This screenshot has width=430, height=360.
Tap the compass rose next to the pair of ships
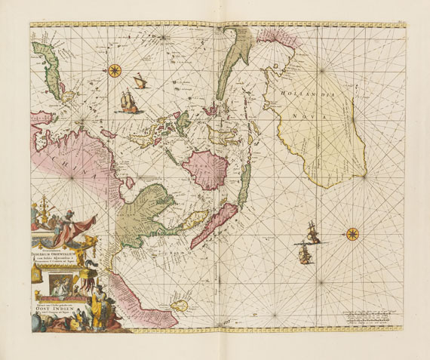(352, 233)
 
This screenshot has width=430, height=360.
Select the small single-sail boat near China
(140, 80)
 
